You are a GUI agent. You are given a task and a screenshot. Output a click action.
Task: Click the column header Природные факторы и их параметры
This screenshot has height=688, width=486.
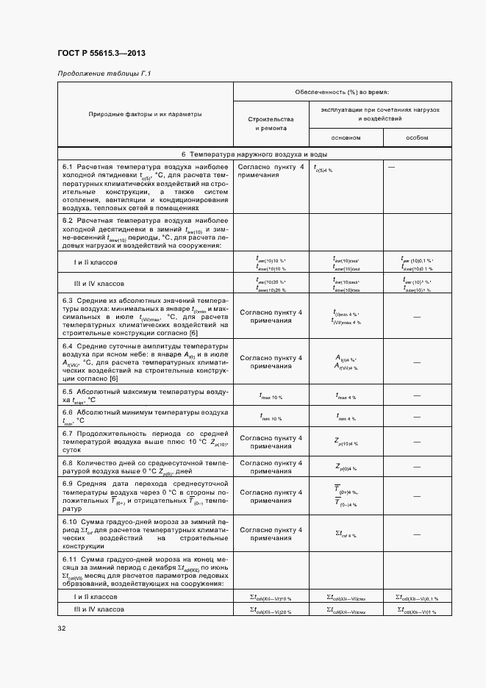pyautogui.click(x=145, y=115)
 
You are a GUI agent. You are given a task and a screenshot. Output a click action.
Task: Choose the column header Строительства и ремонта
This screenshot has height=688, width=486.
pyautogui.click(x=271, y=123)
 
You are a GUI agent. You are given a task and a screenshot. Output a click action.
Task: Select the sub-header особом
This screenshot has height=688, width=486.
pyautogui.click(x=417, y=138)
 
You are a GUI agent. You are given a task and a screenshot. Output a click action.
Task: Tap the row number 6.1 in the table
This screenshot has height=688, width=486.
pyautogui.click(x=68, y=168)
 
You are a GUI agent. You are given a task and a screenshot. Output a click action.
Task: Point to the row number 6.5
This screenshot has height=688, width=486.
pyautogui.click(x=68, y=392)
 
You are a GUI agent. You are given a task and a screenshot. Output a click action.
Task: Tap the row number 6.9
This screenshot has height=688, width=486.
pyautogui.click(x=68, y=483)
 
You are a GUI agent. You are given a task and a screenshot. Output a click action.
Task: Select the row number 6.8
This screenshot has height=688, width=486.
pyautogui.click(x=68, y=462)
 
